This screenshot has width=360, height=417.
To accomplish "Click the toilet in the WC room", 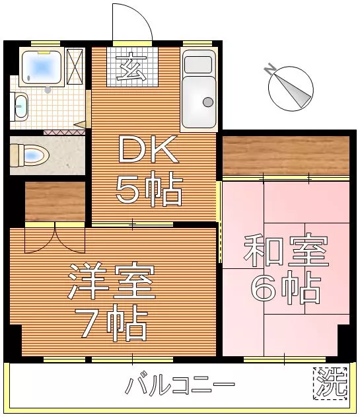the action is [29, 155].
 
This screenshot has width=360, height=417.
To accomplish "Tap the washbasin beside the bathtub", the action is [20, 106].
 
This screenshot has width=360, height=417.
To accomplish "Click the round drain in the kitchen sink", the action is [208, 102].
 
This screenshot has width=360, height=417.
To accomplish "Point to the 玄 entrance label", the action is [131, 67].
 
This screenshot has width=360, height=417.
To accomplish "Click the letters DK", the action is [149, 149].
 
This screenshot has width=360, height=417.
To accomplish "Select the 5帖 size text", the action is [149, 189].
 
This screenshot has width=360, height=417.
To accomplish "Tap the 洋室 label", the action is [112, 281].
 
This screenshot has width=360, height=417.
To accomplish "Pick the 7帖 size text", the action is [110, 323].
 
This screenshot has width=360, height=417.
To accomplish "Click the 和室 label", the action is [286, 250].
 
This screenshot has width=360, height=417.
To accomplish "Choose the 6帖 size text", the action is [285, 288].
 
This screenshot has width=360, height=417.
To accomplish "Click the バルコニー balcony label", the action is [180, 384].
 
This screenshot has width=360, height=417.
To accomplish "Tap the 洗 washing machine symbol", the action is [330, 383].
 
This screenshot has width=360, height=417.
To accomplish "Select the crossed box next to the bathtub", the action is [75, 67].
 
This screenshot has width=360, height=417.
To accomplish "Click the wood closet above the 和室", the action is [286, 155].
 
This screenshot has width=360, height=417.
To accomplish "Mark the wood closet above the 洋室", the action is [55, 202].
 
